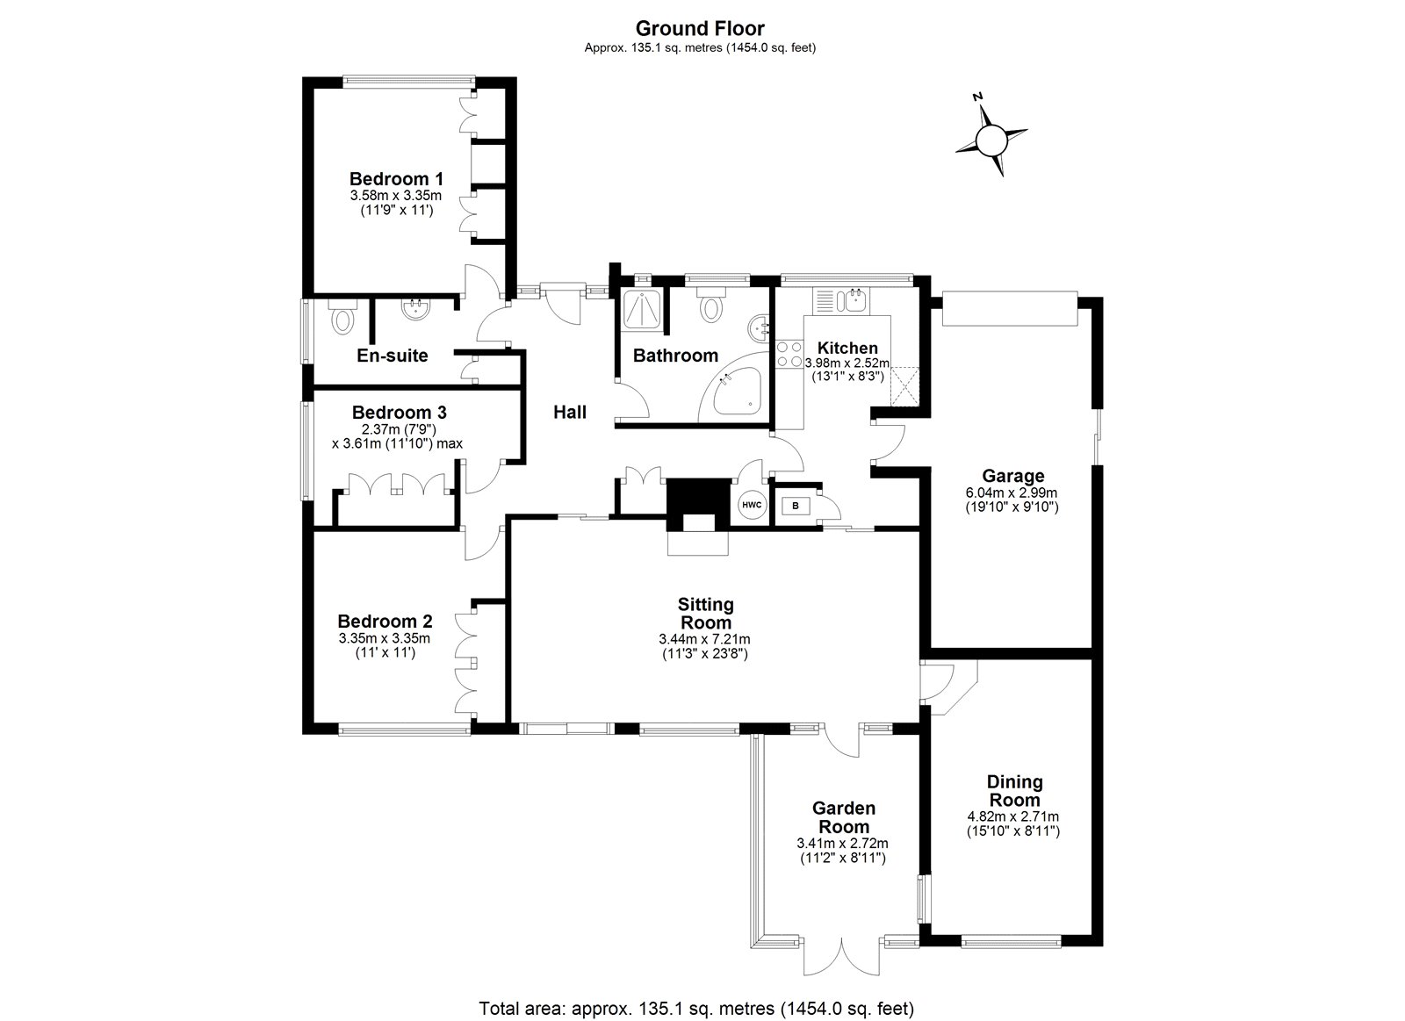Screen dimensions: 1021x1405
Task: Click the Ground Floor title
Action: tap(700, 29)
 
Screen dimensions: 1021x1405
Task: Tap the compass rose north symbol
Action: tap(991, 140)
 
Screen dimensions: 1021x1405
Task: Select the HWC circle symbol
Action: tap(752, 505)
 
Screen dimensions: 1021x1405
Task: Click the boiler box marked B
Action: tap(796, 506)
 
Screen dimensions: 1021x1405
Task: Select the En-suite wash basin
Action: tap(414, 310)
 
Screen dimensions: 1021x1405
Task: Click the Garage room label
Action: tap(1014, 477)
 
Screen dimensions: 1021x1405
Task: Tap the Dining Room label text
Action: tap(1014, 790)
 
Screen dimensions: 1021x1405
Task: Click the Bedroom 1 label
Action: tap(391, 178)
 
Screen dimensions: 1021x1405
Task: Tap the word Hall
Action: tap(570, 412)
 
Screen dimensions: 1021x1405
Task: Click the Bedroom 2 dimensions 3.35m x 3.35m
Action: tap(385, 638)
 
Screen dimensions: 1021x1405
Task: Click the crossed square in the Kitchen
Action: tap(904, 386)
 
